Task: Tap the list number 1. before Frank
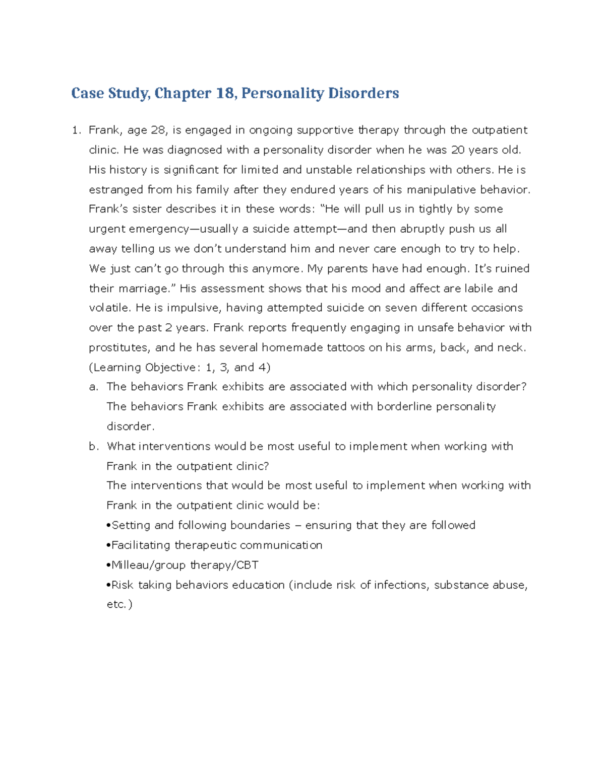tap(76, 130)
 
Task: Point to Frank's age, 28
tap(158, 130)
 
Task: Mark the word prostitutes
tap(118, 348)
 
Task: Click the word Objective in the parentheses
tap(170, 368)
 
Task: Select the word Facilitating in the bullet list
tap(141, 545)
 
